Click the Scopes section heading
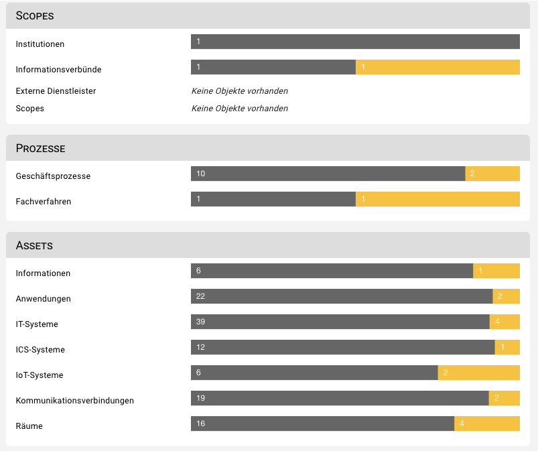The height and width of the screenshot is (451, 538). [x=35, y=15]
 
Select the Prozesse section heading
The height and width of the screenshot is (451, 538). [x=40, y=148]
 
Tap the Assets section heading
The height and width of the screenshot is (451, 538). [x=34, y=245]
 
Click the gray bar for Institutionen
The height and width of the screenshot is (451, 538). [x=355, y=42]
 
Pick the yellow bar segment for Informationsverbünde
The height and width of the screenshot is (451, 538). [x=438, y=67]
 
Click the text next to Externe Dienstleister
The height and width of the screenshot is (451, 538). [x=240, y=91]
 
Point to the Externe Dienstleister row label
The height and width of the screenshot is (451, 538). [x=56, y=91]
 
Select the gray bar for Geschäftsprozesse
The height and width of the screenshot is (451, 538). [x=328, y=174]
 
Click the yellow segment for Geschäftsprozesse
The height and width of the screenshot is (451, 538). [x=492, y=174]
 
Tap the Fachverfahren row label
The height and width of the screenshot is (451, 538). [x=44, y=202]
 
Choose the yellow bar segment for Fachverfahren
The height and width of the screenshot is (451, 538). [x=438, y=199]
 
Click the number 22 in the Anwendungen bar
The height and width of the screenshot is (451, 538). [x=201, y=296]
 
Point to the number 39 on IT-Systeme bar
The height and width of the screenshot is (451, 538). [x=201, y=322]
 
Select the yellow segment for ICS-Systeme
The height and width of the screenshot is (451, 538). [x=507, y=347]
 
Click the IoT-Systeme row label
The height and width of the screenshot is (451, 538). [x=40, y=375]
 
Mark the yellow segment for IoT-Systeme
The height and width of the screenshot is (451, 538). [x=479, y=373]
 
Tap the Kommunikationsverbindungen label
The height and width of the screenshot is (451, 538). [x=75, y=401]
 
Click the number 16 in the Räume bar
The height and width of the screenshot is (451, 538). [x=201, y=424]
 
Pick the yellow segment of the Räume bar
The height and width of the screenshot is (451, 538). [x=487, y=424]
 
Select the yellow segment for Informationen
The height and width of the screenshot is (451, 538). [x=496, y=271]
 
